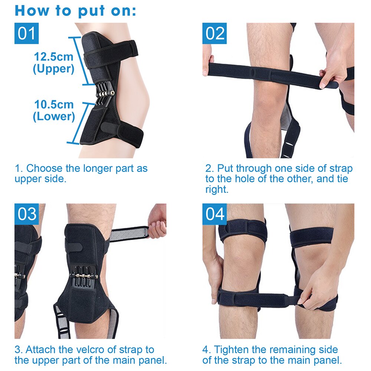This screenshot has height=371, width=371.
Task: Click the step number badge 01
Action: click(x=27, y=33)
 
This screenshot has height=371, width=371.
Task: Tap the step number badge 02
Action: click(x=215, y=33)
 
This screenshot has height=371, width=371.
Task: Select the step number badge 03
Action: click(x=27, y=214)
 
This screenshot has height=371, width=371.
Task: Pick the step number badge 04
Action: click(x=215, y=214)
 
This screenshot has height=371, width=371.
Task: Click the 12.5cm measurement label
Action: click(x=54, y=57)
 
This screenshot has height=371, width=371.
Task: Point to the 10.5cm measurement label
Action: click(x=54, y=104)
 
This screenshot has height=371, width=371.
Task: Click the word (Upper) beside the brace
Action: click(x=54, y=69)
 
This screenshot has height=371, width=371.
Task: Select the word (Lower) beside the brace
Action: click(x=54, y=116)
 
